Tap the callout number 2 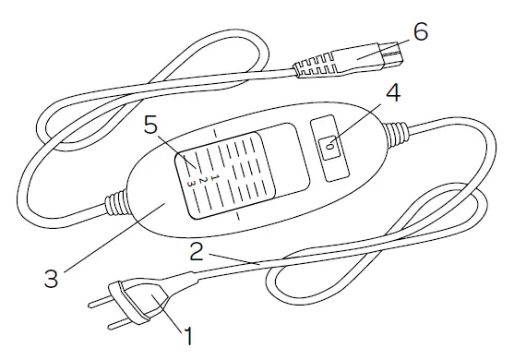point(197,249)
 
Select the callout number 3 point(52,274)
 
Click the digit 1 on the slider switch point(213,172)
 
